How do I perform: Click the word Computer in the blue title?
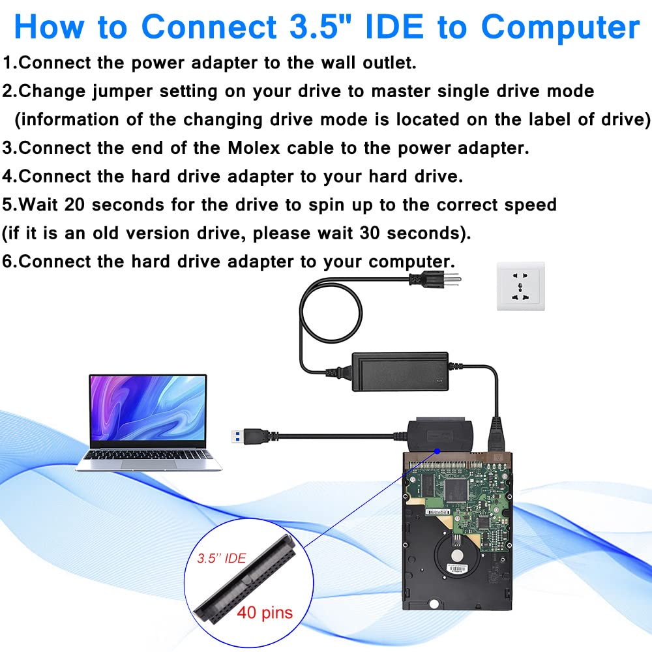560,27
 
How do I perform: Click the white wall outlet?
520,286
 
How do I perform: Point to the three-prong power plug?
433,280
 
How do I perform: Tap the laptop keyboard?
149,455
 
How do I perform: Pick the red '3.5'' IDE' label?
222,559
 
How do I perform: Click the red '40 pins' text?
265,613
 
